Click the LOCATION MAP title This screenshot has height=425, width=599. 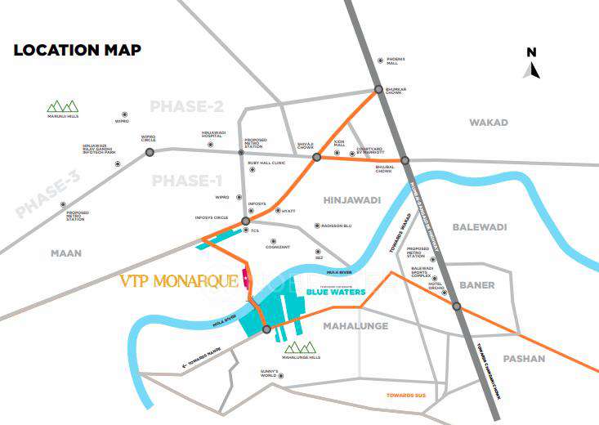tap(77, 50)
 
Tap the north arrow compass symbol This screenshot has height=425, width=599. tap(531, 65)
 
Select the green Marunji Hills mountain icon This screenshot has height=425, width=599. tap(62, 105)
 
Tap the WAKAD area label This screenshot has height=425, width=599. tap(488, 123)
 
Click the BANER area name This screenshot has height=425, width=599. tap(476, 285)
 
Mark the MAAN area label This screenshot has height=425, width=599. tap(66, 253)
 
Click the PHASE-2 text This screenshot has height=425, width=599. tap(186, 107)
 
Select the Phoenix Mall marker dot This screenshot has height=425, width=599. tap(379, 60)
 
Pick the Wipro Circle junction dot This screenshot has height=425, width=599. tap(149, 150)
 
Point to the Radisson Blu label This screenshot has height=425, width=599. tap(336, 226)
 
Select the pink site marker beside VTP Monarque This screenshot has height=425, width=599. tap(244, 280)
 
